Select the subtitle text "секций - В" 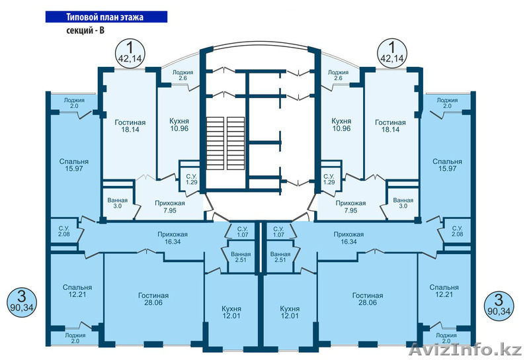[x=88, y=30]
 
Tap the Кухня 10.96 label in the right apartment [x=341, y=126]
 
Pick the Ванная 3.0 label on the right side [x=403, y=203]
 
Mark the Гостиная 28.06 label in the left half [x=153, y=300]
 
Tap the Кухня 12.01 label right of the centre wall [x=290, y=312]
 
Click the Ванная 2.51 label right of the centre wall [x=280, y=258]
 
